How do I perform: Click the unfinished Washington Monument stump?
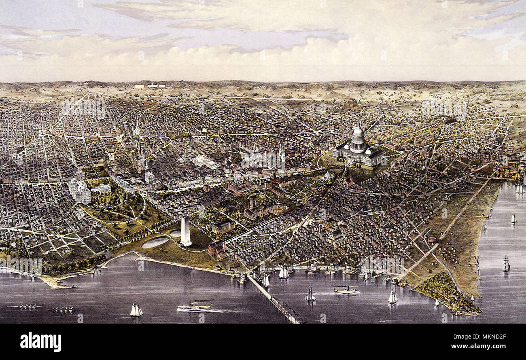(186, 231)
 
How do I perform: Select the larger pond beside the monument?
(155, 242)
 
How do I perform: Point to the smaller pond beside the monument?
(176, 233)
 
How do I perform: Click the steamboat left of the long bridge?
(194, 307)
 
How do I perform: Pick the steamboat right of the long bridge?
(346, 290)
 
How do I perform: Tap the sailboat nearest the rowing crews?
(136, 310)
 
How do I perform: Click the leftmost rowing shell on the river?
(28, 307)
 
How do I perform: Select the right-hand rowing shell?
(65, 309)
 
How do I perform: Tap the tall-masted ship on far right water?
(506, 264)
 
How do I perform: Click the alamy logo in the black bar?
(40, 342)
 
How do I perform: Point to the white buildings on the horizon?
(151, 86)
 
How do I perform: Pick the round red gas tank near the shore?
(432, 238)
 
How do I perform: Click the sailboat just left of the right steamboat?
(310, 295)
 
